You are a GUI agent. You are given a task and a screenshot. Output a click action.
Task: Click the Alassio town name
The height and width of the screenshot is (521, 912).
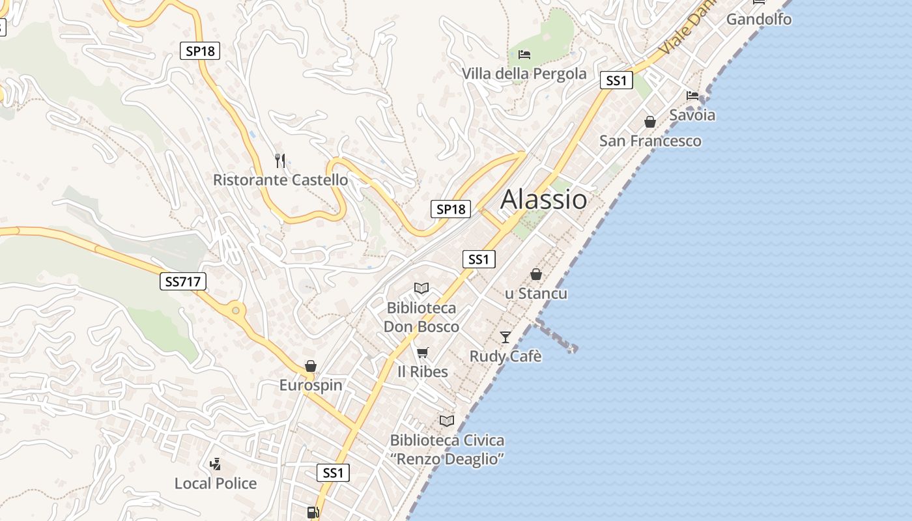click(x=543, y=199)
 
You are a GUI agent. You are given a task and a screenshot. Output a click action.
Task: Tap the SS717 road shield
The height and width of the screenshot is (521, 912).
click(x=182, y=281)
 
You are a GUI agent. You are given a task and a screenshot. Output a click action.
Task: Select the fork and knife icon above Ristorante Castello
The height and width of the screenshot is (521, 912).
click(x=280, y=160)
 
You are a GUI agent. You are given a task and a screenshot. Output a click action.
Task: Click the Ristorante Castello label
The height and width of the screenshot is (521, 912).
click(x=280, y=180)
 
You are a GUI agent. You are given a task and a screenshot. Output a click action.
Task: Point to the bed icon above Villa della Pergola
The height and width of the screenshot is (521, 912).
click(x=524, y=54)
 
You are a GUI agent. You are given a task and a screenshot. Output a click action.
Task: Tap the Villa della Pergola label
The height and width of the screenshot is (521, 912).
click(x=524, y=74)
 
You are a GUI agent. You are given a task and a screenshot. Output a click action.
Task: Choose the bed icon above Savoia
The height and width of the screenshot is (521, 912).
click(x=692, y=96)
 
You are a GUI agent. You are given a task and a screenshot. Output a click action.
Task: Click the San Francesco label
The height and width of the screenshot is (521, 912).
click(x=650, y=141)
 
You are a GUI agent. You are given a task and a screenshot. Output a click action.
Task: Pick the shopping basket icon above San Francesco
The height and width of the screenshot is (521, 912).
click(x=650, y=122)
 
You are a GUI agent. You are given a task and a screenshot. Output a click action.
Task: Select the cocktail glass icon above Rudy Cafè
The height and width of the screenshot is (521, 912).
click(x=506, y=337)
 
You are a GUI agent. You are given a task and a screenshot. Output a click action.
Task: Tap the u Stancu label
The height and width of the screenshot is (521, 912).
click(x=536, y=294)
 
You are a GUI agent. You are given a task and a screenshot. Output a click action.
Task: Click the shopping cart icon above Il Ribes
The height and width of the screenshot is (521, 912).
click(x=423, y=352)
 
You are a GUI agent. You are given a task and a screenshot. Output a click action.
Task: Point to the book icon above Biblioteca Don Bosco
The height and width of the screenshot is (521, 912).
click(x=421, y=288)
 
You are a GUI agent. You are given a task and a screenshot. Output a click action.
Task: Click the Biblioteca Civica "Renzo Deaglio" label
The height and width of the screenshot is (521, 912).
click(x=447, y=449)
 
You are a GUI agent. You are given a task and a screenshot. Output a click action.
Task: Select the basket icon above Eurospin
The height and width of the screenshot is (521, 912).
click(x=311, y=366)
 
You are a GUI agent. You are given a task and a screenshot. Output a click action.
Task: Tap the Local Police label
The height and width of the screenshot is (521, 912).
click(x=216, y=483)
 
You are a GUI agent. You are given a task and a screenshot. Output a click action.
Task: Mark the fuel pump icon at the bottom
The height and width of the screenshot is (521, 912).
click(x=313, y=513)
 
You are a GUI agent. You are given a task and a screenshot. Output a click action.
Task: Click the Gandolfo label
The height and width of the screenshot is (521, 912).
click(x=759, y=19)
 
